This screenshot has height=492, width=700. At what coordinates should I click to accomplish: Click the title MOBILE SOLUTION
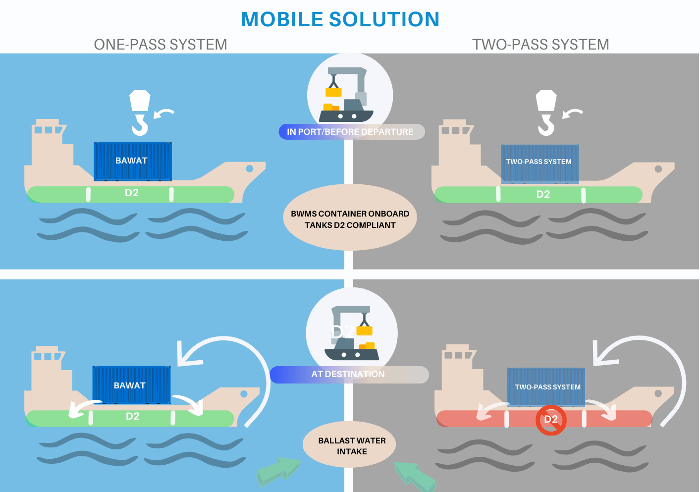[x=340, y=20]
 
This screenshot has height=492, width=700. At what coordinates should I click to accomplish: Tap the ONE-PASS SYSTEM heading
[x=161, y=45]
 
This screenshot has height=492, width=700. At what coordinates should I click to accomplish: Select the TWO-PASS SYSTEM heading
[x=540, y=45]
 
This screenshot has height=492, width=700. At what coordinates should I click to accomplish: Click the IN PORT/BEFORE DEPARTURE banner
[x=351, y=132]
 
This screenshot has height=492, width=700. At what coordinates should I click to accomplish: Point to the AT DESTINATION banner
[x=349, y=375]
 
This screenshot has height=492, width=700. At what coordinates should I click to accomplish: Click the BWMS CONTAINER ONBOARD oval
[x=350, y=218]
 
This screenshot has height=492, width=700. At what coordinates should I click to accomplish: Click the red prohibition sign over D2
[x=551, y=420]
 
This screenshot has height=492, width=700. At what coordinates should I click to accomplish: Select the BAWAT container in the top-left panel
[x=133, y=161]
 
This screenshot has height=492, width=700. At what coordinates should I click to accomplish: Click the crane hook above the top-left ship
[x=140, y=112]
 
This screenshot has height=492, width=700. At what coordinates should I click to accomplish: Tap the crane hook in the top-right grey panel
[x=546, y=112]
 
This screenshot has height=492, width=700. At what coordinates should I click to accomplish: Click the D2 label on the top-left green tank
[x=132, y=193]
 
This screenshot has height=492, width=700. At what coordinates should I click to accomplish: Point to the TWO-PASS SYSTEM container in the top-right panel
[x=539, y=163]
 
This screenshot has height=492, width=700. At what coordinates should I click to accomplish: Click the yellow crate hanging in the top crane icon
[x=333, y=92]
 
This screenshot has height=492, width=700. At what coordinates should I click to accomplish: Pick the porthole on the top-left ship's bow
[x=250, y=169]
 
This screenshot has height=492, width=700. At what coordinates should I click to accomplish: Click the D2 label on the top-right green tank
[x=543, y=194]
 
